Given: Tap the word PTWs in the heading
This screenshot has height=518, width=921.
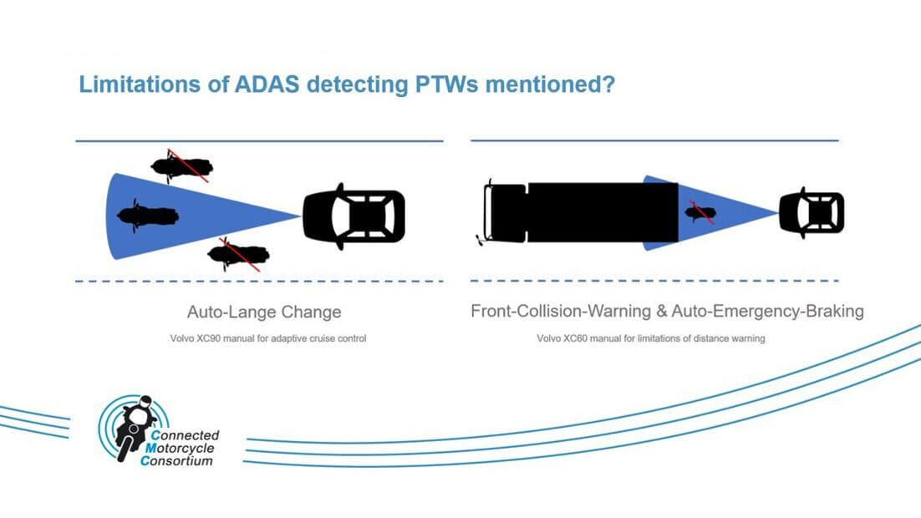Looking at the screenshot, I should pos(448,85).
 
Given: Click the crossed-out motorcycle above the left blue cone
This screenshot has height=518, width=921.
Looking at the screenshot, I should pos(181,166).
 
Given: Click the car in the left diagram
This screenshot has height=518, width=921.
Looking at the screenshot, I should pos(354,216).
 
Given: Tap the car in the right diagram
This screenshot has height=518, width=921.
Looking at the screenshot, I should pos(812,214).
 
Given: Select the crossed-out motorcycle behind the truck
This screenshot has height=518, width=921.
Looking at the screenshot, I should pos(700,213).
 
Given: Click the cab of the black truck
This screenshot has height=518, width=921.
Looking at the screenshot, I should pos(504,212).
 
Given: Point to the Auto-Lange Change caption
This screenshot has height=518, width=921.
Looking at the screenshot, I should pos(264,312).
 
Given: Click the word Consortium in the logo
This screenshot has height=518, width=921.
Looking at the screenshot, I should pos(177,460).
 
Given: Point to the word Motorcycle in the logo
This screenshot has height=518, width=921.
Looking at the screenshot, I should pos(181,448).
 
